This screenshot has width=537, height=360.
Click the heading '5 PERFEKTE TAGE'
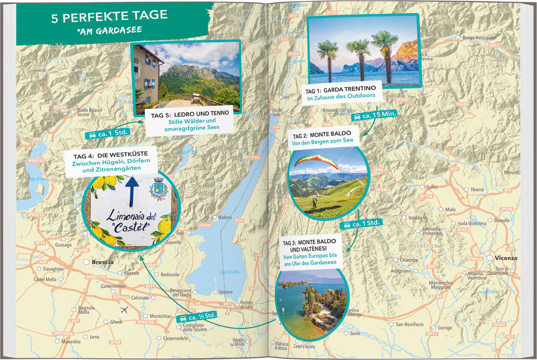[x=109, y=16]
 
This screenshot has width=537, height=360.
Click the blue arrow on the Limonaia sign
[x=132, y=190]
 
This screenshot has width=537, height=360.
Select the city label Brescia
[x=102, y=261]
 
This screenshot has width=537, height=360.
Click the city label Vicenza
[x=505, y=258]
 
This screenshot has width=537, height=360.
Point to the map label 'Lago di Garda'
[x=229, y=272]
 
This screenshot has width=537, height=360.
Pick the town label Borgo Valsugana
[x=478, y=38]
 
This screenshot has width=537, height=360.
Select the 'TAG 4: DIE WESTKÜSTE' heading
[x=103, y=156]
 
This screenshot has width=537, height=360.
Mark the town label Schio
[x=432, y=187]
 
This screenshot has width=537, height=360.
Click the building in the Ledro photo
[x=146, y=74]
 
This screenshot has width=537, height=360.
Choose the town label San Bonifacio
[x=409, y=324]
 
